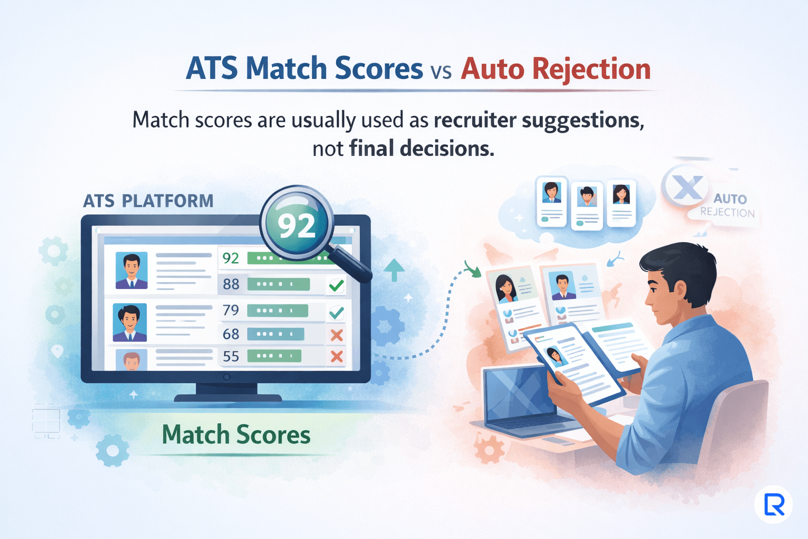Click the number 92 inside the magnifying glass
(297, 225)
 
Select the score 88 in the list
(231, 284)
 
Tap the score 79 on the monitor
(231, 310)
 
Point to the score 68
(231, 334)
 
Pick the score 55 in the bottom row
(231, 356)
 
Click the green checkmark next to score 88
(336, 286)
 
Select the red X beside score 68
(337, 335)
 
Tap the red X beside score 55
(337, 357)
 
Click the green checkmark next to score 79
(336, 313)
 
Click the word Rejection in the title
(591, 69)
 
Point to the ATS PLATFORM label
(148, 201)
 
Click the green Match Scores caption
(236, 435)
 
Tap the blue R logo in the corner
(774, 504)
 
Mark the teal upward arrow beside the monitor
(393, 269)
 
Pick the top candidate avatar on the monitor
(132, 271)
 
